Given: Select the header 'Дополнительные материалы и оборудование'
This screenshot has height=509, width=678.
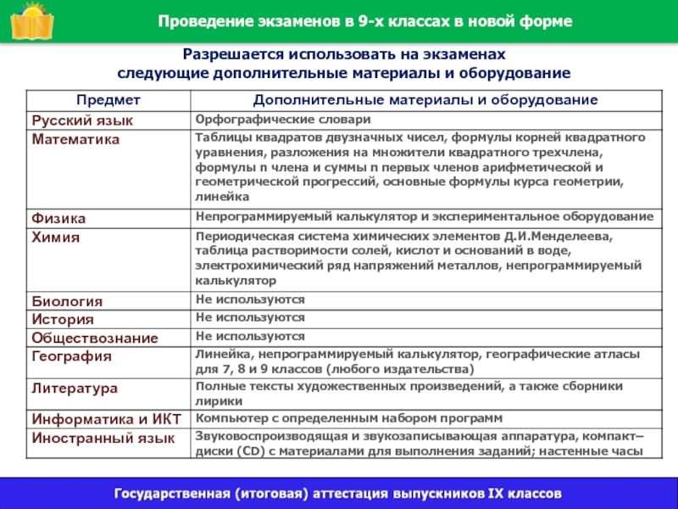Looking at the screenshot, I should [425, 100].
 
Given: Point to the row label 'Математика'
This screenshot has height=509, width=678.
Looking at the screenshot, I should [75, 138].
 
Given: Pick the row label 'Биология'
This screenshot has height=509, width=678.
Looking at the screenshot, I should [67, 301].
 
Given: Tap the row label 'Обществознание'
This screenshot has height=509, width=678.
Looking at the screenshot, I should [95, 338].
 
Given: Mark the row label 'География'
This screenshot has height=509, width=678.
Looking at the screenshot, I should [71, 356].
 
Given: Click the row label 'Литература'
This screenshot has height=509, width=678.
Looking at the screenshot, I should [74, 388].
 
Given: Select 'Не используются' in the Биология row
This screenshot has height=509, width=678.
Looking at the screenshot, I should [249, 299].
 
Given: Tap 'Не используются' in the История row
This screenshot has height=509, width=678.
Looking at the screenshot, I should [249, 317].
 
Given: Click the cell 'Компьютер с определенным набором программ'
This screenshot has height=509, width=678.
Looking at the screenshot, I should [349, 418].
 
